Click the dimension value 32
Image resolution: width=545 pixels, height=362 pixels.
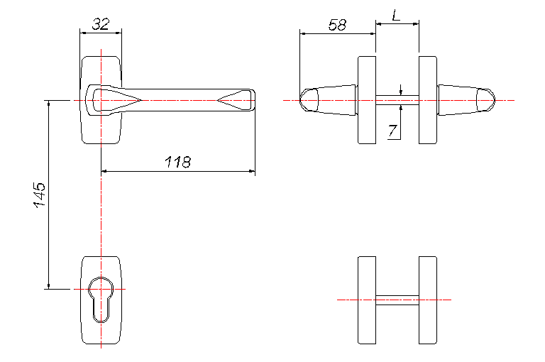pyautogui.click(x=101, y=24)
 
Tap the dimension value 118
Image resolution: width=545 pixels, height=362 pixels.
pyautogui.click(x=177, y=162)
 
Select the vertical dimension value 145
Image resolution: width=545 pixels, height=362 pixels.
pyautogui.click(x=40, y=194)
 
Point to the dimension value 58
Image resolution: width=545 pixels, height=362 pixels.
pyautogui.click(x=337, y=25)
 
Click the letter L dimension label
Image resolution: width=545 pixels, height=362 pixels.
pyautogui.click(x=396, y=16)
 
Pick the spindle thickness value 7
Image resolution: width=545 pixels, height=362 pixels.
pyautogui.click(x=392, y=131)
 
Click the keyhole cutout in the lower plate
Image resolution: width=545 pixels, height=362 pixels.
pyautogui.click(x=101, y=300)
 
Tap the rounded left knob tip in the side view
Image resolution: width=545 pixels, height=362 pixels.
pyautogui.click(x=309, y=100)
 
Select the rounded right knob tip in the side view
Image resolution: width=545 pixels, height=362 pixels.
pyautogui.click(x=485, y=100)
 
